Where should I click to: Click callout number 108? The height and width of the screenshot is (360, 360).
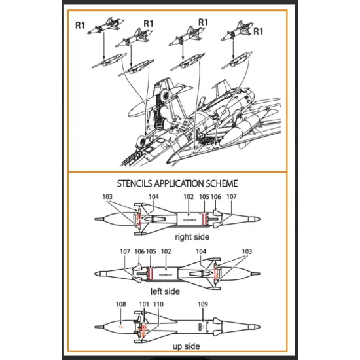121,304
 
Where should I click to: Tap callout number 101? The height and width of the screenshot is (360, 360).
145,304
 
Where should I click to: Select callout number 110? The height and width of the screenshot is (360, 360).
158,304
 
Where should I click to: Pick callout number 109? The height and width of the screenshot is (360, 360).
202,304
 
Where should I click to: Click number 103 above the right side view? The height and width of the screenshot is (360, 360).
108,196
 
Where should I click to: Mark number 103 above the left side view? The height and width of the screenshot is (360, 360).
246,251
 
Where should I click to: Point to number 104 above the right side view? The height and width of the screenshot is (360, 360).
154,196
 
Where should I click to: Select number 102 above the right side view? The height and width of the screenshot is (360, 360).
189,196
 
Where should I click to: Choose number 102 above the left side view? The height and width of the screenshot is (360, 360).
166,251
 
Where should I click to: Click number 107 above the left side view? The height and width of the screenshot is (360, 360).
126,251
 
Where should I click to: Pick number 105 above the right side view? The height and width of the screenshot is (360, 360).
204,196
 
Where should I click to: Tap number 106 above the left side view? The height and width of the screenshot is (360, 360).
139,251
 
